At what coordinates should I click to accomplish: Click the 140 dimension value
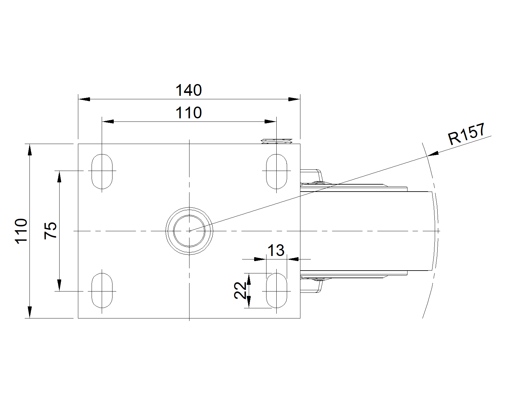pyautogui.click(x=189, y=90)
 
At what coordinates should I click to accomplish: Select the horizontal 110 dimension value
pyautogui.click(x=189, y=113)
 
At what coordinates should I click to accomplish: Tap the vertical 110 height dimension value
pyautogui.click(x=22, y=231)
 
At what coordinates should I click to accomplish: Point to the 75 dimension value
pyautogui.click(x=51, y=231)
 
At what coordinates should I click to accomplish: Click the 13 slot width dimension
pyautogui.click(x=276, y=250)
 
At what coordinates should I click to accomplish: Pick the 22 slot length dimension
pyautogui.click(x=241, y=290)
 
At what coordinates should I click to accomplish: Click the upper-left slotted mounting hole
pyautogui.click(x=102, y=171)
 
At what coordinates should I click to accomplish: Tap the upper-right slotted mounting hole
pyautogui.click(x=277, y=171)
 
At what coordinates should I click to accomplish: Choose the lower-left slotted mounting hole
pyautogui.click(x=102, y=291)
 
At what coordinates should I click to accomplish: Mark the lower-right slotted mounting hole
pyautogui.click(x=277, y=291)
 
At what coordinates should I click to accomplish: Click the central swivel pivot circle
pyautogui.click(x=189, y=231)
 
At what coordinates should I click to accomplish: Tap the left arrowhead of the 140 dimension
pyautogui.click(x=84, y=99)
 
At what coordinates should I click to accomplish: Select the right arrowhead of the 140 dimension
pyautogui.click(x=294, y=99)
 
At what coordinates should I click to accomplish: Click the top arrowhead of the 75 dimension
pyautogui.click(x=59, y=176)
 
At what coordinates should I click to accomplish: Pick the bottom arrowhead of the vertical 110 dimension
pyautogui.click(x=29, y=312)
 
